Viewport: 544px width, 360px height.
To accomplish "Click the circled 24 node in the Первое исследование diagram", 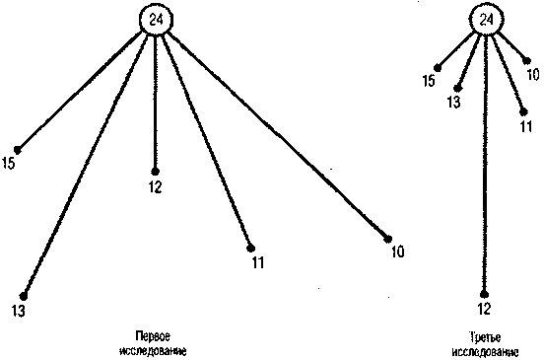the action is click(156, 21).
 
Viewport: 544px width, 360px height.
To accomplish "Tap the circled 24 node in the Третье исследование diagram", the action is click(487, 21).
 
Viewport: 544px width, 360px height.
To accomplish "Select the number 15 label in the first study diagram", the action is click(9, 163).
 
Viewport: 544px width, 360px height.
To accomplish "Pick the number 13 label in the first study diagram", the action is click(19, 311).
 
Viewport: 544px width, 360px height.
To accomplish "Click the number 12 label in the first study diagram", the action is click(155, 187).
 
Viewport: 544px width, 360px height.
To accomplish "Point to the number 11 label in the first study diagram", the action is click(258, 262).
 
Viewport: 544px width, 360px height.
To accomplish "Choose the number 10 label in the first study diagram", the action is click(398, 252).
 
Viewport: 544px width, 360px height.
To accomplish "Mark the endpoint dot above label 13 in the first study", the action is click(24, 296).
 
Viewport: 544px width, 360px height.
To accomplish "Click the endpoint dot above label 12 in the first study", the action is click(155, 172).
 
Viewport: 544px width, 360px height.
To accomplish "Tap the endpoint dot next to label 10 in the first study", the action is click(388, 240).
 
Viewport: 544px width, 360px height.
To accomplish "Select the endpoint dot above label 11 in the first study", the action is click(250, 249).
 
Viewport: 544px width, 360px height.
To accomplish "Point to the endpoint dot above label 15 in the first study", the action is click(18, 150).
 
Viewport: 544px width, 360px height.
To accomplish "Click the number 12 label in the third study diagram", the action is click(484, 309).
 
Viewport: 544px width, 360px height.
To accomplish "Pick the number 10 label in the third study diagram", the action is click(533, 75).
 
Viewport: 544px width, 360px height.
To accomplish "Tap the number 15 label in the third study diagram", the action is click(429, 81).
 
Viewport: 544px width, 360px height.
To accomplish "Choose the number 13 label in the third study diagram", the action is click(453, 102).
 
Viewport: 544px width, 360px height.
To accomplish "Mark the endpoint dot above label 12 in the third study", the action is click(484, 295).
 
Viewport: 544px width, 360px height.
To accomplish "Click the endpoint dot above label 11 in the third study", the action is click(523, 112).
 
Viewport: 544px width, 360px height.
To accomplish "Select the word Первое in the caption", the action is click(153, 336).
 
